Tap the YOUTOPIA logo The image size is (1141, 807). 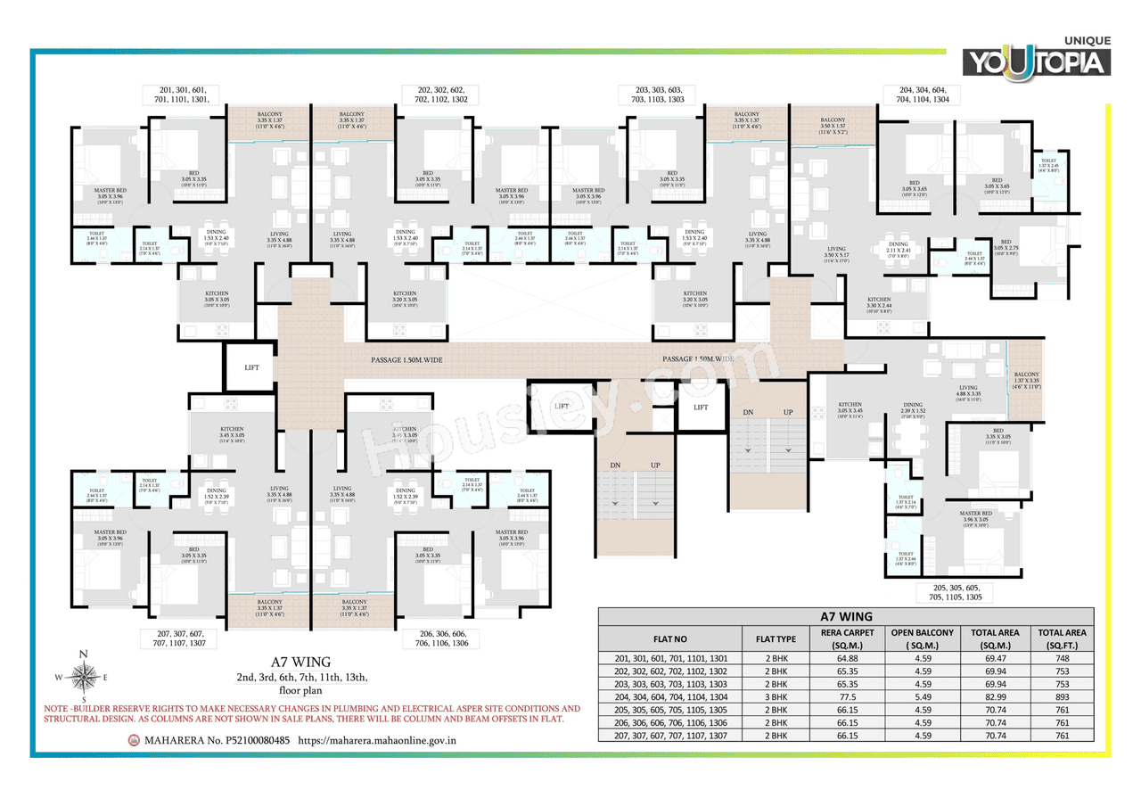[x=1035, y=60]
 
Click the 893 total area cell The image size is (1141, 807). [x=1061, y=696]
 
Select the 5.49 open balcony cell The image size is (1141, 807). [x=923, y=696]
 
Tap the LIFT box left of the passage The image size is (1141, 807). [x=251, y=366]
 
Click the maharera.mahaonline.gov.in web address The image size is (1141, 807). [x=378, y=739]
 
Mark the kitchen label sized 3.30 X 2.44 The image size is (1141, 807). [x=879, y=303]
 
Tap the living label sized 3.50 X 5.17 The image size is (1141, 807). [x=836, y=254]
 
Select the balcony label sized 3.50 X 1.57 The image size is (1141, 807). [x=833, y=124]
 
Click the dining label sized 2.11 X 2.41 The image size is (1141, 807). [x=898, y=248]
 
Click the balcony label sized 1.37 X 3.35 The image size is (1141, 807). [x=1026, y=380]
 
